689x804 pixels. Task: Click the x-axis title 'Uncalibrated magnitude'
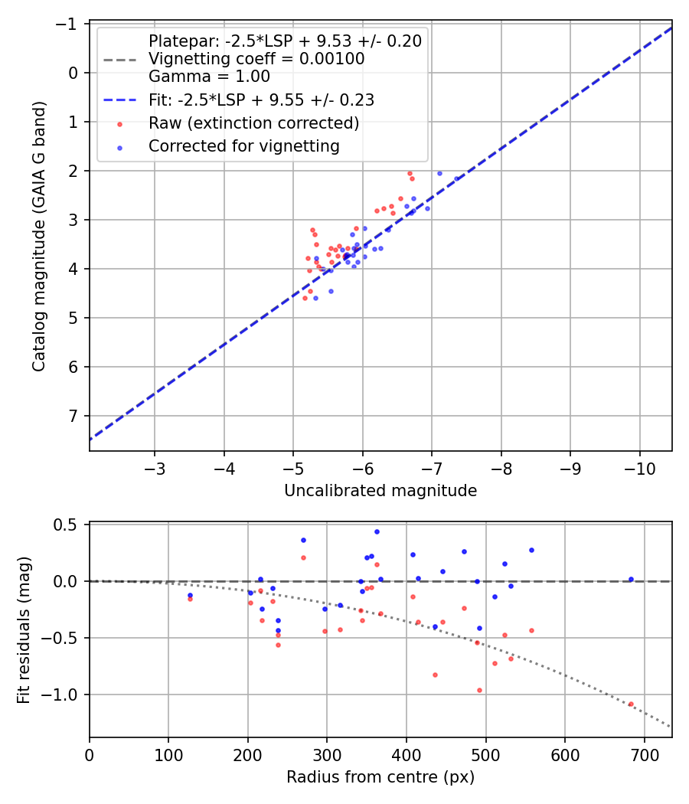380,490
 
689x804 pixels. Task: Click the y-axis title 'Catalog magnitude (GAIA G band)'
39,237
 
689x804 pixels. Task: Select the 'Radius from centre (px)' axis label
380,777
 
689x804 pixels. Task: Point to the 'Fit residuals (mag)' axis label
24,629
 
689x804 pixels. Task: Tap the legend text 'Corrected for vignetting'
244,146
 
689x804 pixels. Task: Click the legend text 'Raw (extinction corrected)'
254,123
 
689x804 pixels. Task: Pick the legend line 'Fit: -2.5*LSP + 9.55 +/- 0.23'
261,100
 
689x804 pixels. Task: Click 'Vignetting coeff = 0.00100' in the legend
256,59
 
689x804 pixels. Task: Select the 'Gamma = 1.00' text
209,77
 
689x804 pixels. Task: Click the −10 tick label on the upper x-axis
640,467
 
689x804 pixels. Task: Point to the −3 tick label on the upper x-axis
155,467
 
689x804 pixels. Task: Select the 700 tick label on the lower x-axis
644,754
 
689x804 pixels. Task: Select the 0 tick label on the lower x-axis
90,754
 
